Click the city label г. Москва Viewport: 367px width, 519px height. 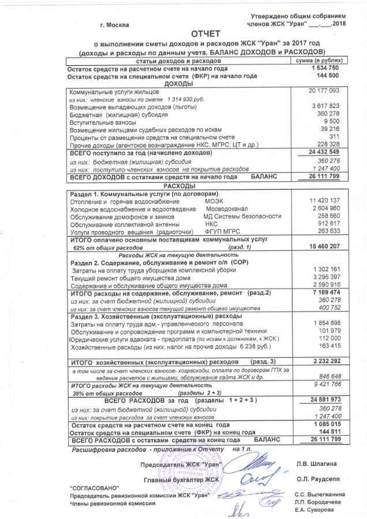pyautogui.click(x=115, y=25)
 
